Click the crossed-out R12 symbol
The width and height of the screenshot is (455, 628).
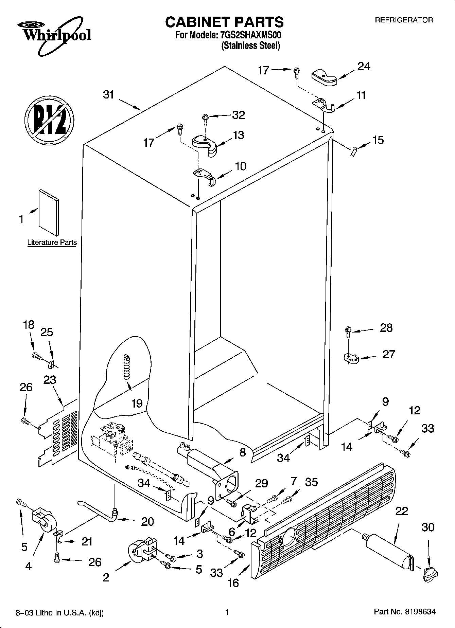[49, 120]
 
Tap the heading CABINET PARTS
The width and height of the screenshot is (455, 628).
[224, 22]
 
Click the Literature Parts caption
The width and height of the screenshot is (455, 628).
[52, 243]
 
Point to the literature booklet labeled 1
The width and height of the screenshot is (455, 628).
[49, 212]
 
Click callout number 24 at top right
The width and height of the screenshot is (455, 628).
[364, 67]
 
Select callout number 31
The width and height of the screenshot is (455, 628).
[109, 94]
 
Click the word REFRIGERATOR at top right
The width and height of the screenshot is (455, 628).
[404, 20]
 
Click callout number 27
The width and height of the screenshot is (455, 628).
[389, 354]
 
